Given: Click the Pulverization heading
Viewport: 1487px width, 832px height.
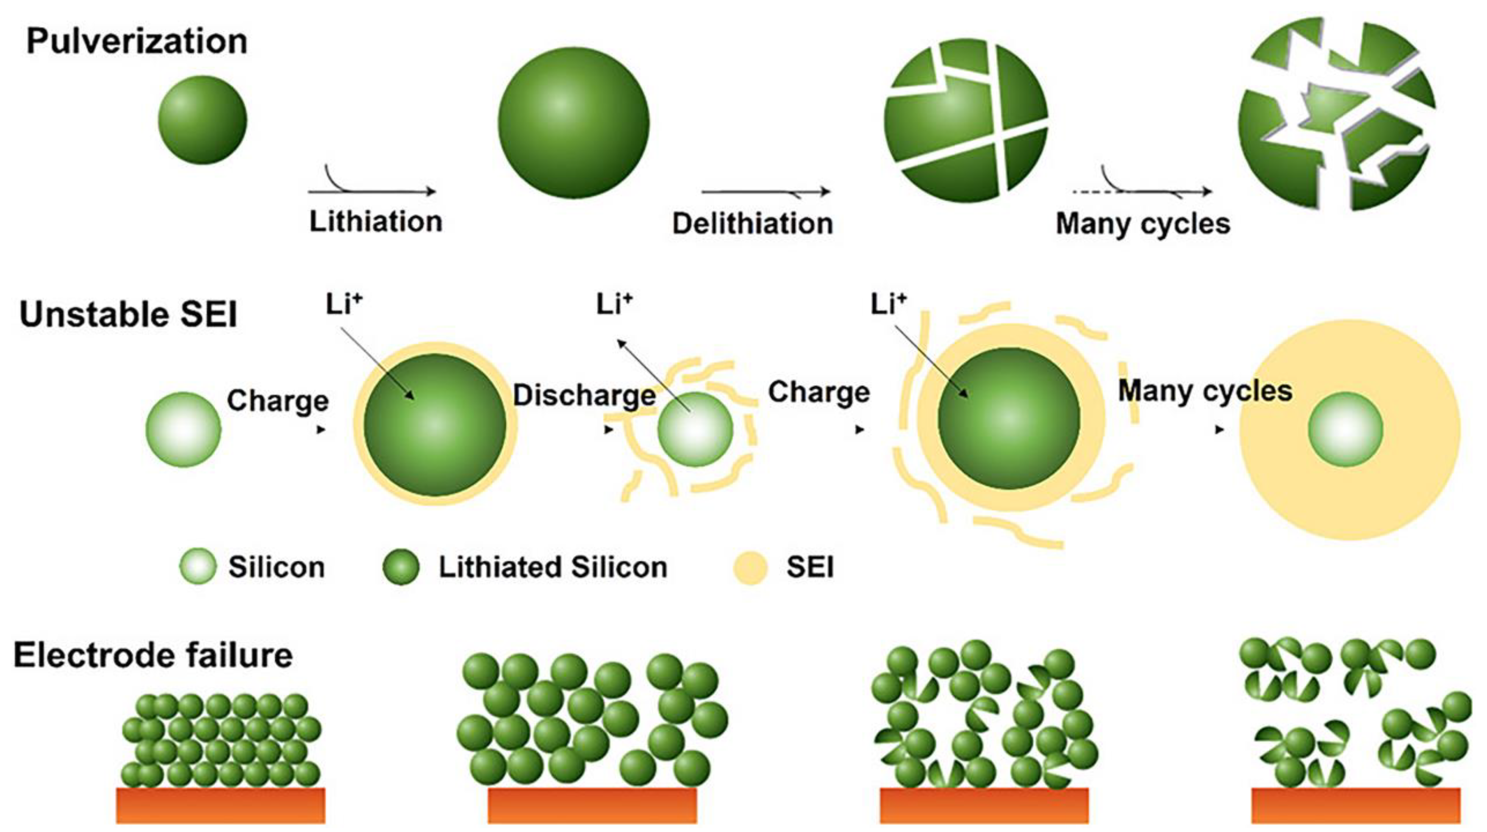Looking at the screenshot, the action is (x=137, y=42).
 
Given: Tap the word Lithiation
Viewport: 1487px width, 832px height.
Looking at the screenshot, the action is (x=376, y=222).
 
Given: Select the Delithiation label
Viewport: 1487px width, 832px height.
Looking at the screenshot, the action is (x=752, y=223).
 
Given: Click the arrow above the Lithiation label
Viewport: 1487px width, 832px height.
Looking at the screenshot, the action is (x=372, y=191).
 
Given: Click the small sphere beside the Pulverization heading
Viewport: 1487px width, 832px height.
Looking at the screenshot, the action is (x=203, y=120).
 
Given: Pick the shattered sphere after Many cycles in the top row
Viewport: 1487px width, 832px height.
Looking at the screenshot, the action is (x=1336, y=116).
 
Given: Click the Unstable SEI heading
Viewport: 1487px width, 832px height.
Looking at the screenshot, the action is (x=128, y=315).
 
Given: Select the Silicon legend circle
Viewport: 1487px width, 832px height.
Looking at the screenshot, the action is (x=197, y=566).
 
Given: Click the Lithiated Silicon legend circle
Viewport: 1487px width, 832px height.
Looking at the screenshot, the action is (x=401, y=566).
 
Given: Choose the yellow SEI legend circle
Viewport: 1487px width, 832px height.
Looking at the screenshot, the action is (x=750, y=567).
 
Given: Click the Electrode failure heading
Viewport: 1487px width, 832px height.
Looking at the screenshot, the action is (x=153, y=655).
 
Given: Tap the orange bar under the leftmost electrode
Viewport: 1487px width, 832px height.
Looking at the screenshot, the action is (x=221, y=805).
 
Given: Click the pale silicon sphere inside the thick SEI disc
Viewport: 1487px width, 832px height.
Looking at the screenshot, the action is (x=1345, y=430).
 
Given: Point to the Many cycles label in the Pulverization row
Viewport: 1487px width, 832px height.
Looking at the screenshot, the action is (x=1143, y=223).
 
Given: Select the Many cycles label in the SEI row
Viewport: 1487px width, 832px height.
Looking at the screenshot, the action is (x=1205, y=391).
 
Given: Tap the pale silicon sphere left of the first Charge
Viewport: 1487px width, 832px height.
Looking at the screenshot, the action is (x=183, y=430).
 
